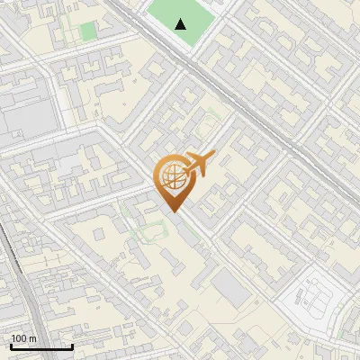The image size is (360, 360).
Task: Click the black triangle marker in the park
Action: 181,24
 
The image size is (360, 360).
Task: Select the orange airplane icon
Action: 198,165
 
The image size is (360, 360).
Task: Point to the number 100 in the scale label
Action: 19,338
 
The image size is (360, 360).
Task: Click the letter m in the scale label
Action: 32,338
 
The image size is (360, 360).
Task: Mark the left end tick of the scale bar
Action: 10,346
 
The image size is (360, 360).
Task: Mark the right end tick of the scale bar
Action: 72,346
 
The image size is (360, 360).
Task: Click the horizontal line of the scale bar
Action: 40,347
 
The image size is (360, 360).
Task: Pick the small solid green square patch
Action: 87,32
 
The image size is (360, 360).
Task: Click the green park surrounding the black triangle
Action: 193,13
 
